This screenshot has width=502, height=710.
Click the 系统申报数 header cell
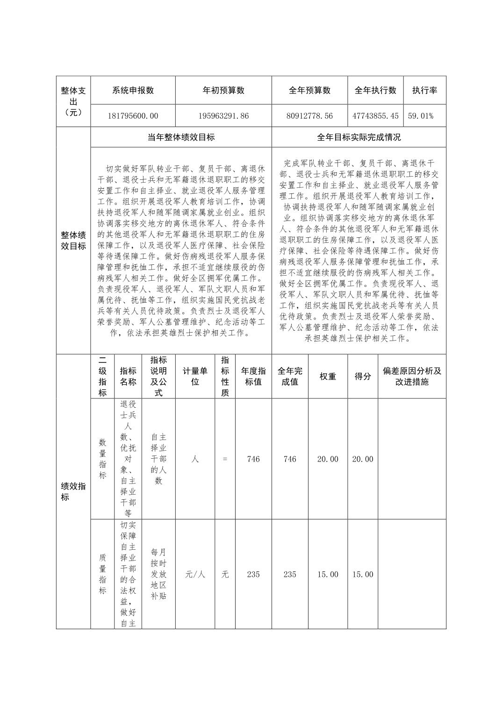pyautogui.click(x=133, y=91)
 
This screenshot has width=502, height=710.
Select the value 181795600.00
pyautogui.click(x=133, y=116)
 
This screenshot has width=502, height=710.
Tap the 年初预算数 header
pyautogui.click(x=223, y=91)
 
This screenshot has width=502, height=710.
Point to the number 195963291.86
pyautogui.click(x=223, y=116)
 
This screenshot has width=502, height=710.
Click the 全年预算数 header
pyautogui.click(x=309, y=91)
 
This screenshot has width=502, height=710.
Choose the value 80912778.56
pyautogui.click(x=309, y=116)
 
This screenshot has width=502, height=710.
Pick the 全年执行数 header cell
pyautogui.click(x=375, y=91)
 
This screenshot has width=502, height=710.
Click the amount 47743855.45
pyautogui.click(x=375, y=116)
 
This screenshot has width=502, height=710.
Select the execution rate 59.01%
pyautogui.click(x=421, y=116)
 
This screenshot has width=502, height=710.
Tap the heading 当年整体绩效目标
pyautogui.click(x=181, y=137)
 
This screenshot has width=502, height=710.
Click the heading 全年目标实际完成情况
pyautogui.click(x=359, y=137)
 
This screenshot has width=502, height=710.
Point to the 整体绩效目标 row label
pyautogui.click(x=73, y=240)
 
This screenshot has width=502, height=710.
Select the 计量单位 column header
pyautogui.click(x=195, y=376)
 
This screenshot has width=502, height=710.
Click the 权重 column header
pyautogui.click(x=328, y=376)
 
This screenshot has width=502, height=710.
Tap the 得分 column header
pyautogui.click(x=363, y=376)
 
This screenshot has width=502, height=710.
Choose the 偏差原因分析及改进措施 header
pyautogui.click(x=412, y=376)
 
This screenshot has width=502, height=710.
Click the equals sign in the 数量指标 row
pyautogui.click(x=225, y=459)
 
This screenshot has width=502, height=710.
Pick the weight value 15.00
pyautogui.click(x=328, y=575)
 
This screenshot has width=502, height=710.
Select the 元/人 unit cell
pyautogui.click(x=195, y=575)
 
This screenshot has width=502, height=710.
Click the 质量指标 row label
pyautogui.click(x=102, y=575)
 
